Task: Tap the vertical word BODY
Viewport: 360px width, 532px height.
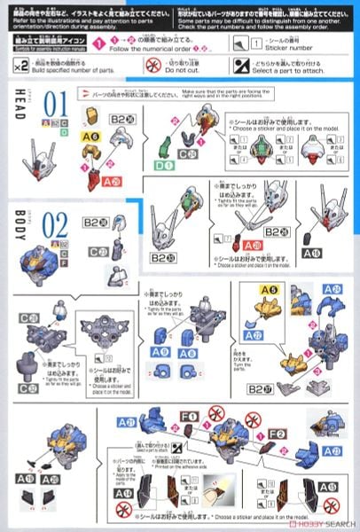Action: coord(20,223)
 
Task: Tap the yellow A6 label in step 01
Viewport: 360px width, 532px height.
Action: coord(90,137)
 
